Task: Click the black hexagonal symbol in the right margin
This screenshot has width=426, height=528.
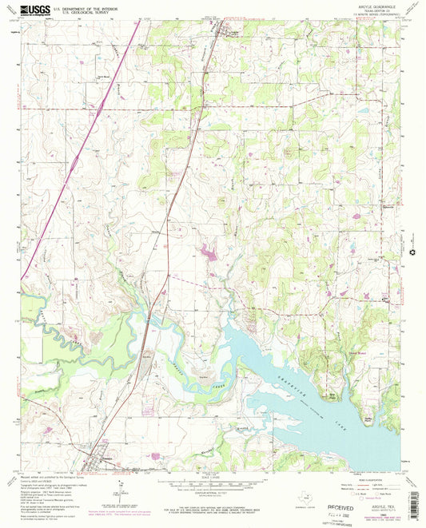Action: coord(412,254)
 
